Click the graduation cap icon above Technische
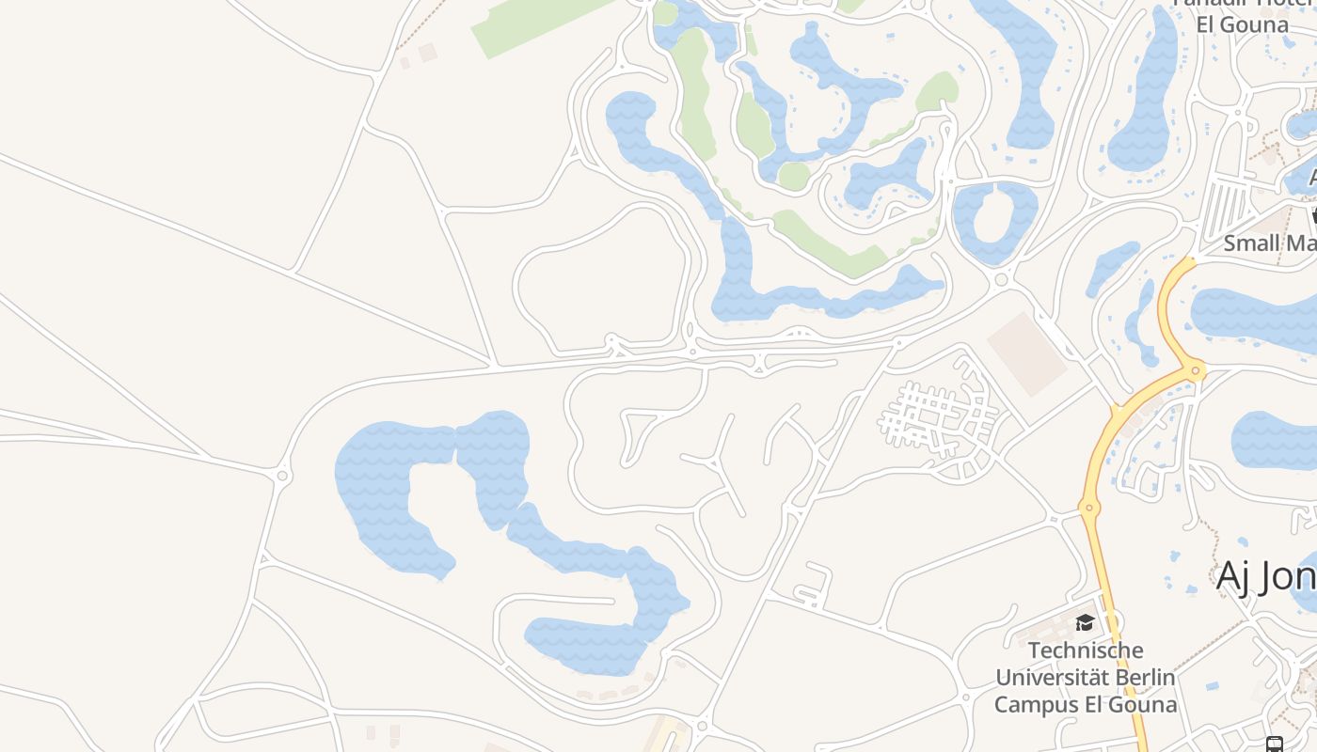(x=1085, y=622)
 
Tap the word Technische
(x=1086, y=650)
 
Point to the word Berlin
(x=1144, y=677)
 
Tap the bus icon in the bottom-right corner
(x=1275, y=744)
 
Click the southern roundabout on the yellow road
(x=1089, y=509)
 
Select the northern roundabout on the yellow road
(x=1197, y=371)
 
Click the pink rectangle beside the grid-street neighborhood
(x=1027, y=353)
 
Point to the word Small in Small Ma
(x=1251, y=243)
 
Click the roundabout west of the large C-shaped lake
(x=282, y=477)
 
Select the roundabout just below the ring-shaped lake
(x=1001, y=279)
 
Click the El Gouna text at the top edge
(x=1242, y=24)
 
